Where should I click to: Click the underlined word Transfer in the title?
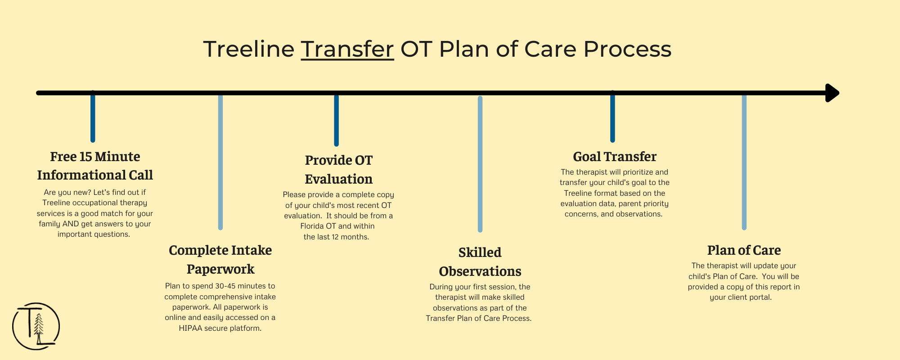[x=347, y=49]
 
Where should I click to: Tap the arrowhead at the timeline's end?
[x=832, y=93]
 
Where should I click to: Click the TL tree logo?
[x=36, y=326]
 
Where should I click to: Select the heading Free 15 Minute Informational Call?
[x=95, y=166]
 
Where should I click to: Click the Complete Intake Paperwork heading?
[x=220, y=260]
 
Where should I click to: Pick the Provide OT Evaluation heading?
[x=339, y=170]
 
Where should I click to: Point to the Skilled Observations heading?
[x=480, y=262]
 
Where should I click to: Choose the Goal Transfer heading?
[x=615, y=157]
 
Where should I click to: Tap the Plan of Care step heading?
[x=744, y=250]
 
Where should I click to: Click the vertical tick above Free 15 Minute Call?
[x=93, y=117]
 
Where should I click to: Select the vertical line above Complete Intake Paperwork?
[x=220, y=162]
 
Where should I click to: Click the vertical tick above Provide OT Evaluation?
[x=336, y=120]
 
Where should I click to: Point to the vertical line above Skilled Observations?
[x=480, y=164]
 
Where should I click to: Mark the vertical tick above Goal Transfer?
[x=612, y=117]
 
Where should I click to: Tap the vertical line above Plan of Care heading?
[x=744, y=162]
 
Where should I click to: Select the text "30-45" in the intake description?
[x=225, y=286]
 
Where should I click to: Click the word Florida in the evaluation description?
[x=312, y=226]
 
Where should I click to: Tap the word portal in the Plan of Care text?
[x=760, y=297]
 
